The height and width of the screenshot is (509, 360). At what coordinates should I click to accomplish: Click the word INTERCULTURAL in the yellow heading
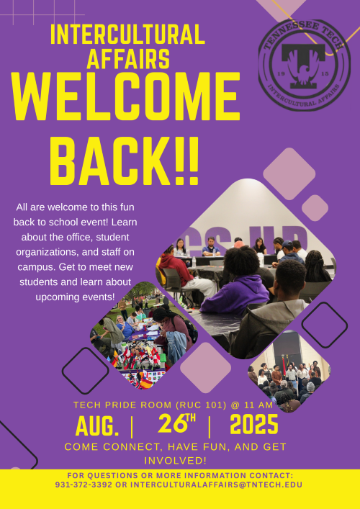pos(128,35)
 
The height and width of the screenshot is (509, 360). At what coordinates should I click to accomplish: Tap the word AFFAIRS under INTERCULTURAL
pos(129,58)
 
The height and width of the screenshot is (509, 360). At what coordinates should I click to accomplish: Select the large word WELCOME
pos(125,96)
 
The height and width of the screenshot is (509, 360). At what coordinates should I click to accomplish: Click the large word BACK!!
pos(124,161)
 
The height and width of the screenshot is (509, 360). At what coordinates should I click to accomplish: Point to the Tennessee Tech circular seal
pos(304,65)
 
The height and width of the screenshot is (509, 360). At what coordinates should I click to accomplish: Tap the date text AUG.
pos(97,426)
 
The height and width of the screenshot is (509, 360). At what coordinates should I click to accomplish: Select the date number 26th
pos(177,423)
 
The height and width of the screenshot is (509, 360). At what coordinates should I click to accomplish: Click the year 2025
pos(254,424)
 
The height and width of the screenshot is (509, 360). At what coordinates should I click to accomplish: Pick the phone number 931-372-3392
pos(84,485)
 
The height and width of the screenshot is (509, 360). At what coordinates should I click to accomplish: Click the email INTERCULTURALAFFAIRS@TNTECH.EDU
pos(216,485)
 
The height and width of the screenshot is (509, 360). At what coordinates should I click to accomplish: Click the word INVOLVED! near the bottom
pos(175,461)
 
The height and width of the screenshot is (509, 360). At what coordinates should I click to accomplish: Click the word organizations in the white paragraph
pos(47,252)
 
